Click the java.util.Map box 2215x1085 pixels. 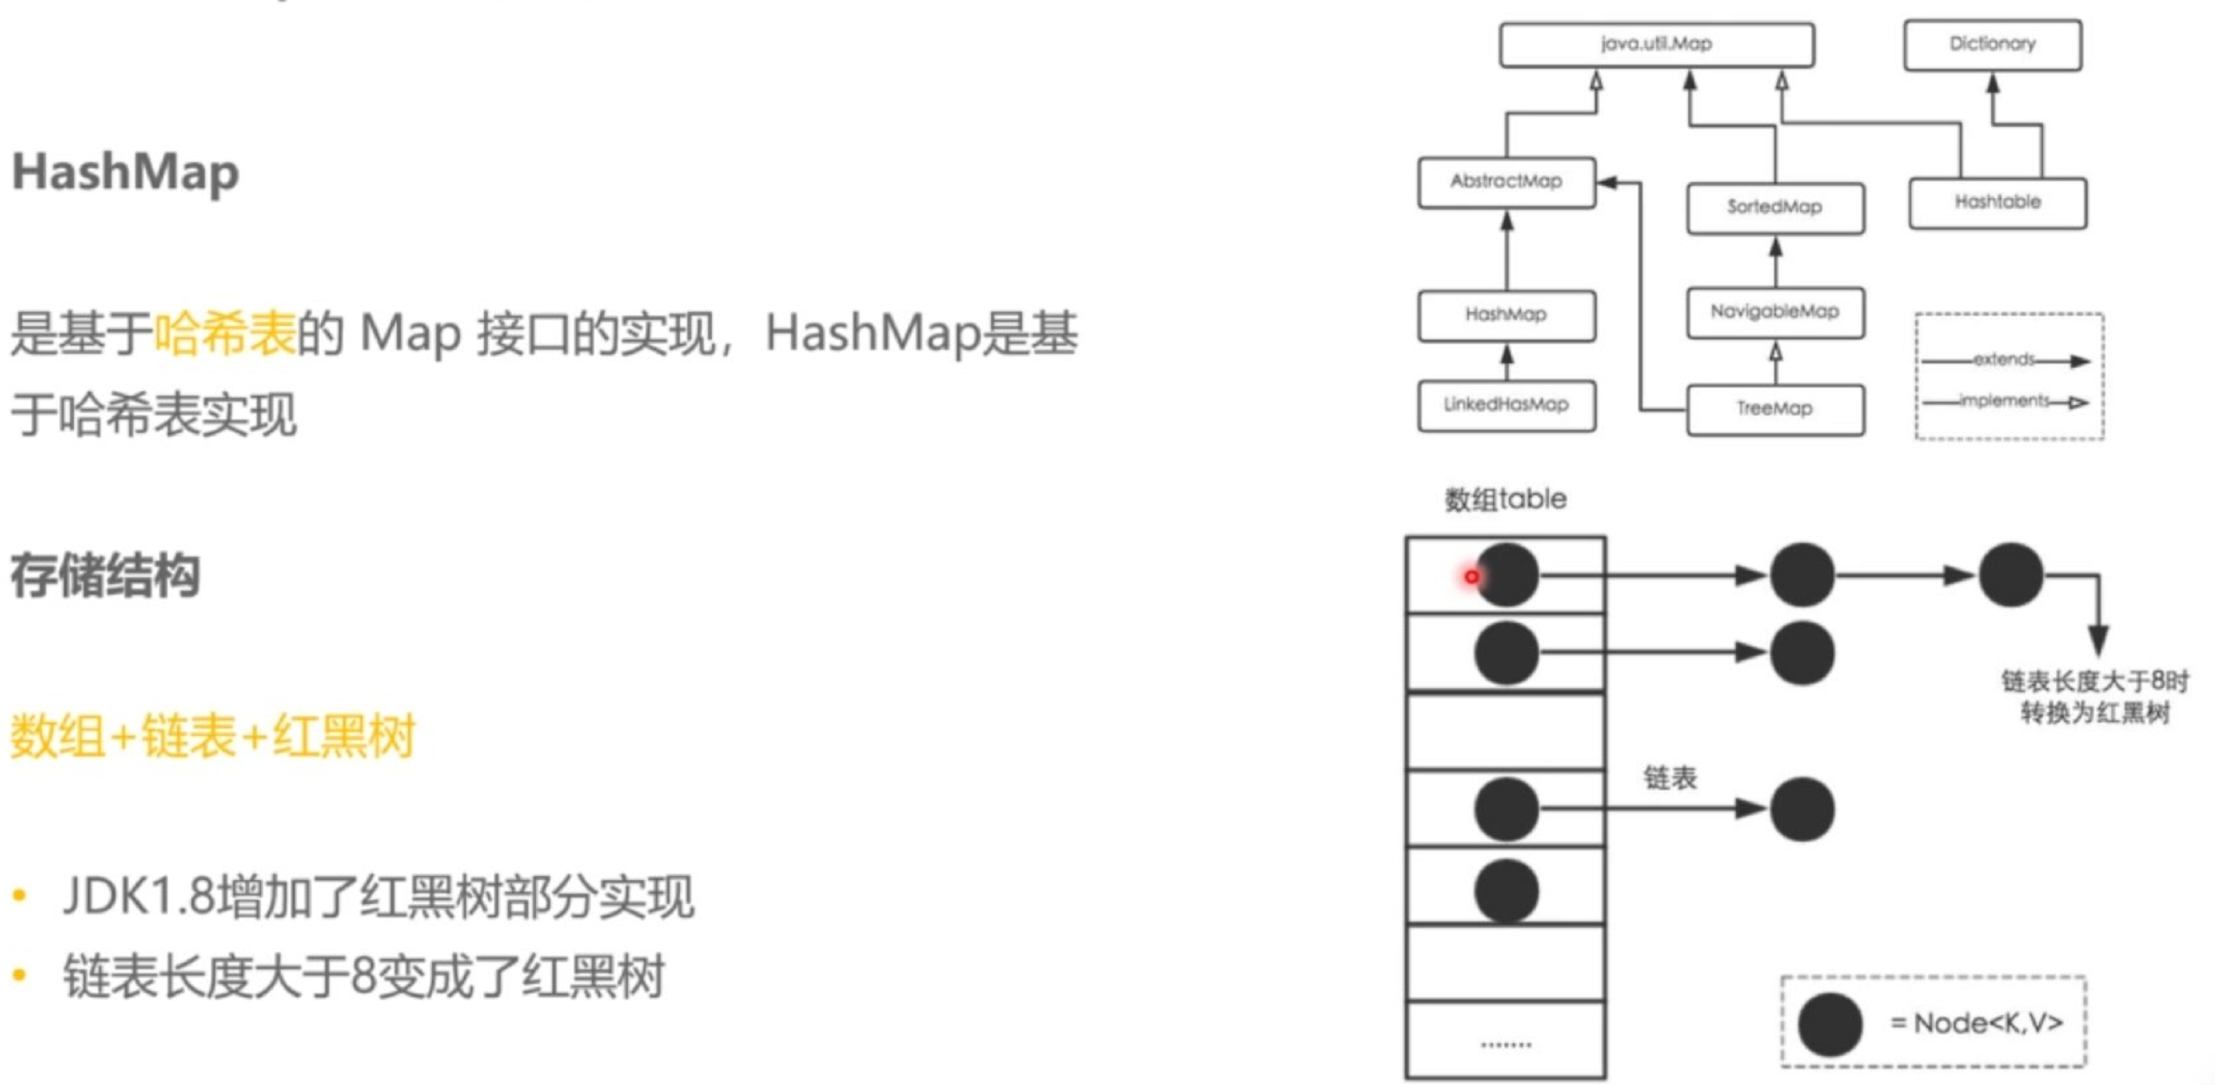click(1656, 44)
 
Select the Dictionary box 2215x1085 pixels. click(1992, 44)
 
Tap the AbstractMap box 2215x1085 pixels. click(1506, 181)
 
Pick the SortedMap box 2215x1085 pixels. click(1775, 207)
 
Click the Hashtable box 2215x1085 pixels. click(1998, 203)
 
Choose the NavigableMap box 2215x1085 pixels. click(1775, 312)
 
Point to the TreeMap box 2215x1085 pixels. click(1775, 409)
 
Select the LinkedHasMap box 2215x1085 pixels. click(1506, 405)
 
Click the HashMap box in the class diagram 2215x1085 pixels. click(1506, 315)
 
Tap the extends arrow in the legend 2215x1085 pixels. click(2007, 361)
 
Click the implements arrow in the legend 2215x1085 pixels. click(2007, 402)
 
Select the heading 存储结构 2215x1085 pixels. click(105, 575)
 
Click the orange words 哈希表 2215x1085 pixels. click(225, 333)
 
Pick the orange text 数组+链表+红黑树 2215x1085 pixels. click(212, 736)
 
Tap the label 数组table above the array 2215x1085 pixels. click(1505, 500)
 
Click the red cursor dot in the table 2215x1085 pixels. click(1471, 577)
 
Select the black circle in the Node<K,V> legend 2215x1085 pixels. click(1830, 1023)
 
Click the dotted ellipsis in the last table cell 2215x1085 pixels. click(1505, 1045)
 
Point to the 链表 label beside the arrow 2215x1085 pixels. click(1670, 778)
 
